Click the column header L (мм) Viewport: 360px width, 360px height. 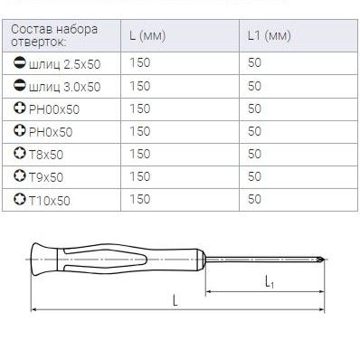pos(147,36)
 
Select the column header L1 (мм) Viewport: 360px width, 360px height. pos(270,36)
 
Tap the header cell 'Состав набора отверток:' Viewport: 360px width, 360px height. pos(54,35)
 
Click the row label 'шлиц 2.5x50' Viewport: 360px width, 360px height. pos(64,64)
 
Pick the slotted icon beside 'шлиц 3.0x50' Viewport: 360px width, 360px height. pos(20,85)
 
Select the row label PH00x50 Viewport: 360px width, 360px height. pos(54,109)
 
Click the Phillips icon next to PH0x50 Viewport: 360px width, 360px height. pos(20,130)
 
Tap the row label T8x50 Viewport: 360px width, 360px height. pos(46,155)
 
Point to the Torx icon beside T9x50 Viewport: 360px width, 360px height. pos(20,175)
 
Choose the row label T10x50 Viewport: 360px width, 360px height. pos(50,201)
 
